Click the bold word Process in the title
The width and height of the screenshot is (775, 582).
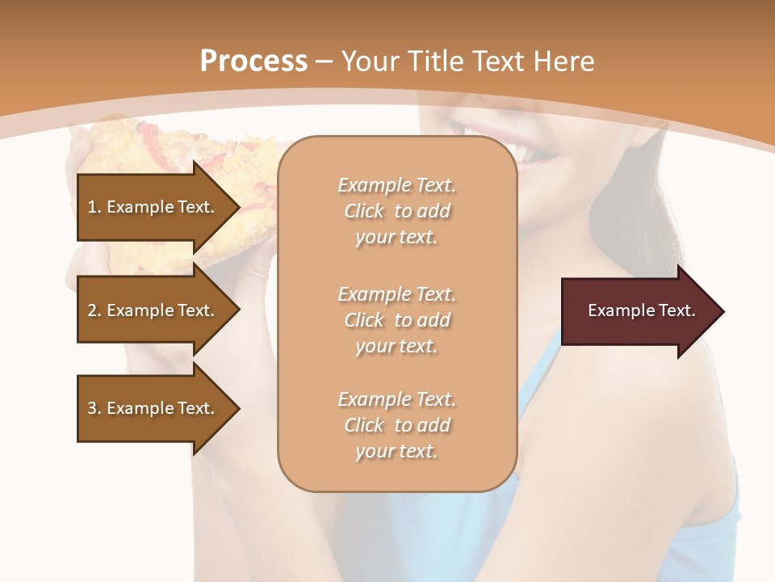(x=253, y=61)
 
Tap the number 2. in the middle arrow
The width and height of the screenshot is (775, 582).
(x=94, y=310)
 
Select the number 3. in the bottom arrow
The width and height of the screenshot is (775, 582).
(x=94, y=408)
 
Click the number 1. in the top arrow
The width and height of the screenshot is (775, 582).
(x=94, y=207)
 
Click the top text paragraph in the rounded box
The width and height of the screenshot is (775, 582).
(x=397, y=211)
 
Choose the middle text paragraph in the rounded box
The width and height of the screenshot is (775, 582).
(x=397, y=320)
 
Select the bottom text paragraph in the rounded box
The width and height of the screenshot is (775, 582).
(x=397, y=425)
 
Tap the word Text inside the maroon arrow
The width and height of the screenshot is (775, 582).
(x=677, y=310)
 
